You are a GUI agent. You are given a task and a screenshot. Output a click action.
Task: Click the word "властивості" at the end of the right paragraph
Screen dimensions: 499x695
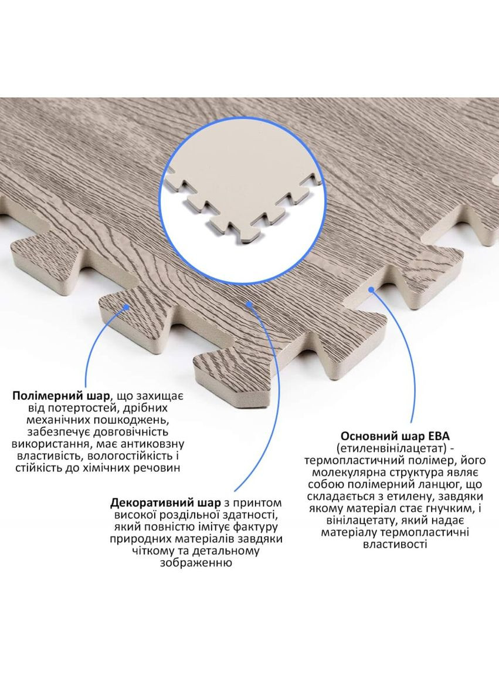[395, 544]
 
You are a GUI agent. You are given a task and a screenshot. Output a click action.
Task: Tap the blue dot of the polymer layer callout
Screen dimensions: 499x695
[127, 306]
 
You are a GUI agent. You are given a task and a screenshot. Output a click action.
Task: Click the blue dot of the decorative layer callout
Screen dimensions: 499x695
[249, 304]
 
